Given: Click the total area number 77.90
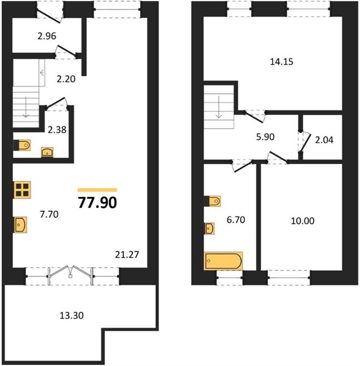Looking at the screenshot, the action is (x=98, y=203).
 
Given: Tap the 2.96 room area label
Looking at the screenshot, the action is (x=47, y=36).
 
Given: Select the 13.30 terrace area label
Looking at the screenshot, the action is (x=71, y=315).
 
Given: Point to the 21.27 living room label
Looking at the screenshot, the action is (x=127, y=254).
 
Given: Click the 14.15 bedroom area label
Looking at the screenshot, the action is (x=281, y=62).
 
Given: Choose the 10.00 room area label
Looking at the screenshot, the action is (x=303, y=221).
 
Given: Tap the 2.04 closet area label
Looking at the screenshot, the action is (x=324, y=140).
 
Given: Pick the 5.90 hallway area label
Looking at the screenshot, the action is (x=265, y=137).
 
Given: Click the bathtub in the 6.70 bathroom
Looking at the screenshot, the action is (x=223, y=260).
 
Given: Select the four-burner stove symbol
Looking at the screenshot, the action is (x=23, y=190).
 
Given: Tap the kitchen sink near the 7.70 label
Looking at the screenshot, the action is (x=21, y=224).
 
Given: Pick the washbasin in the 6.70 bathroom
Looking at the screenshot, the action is (x=209, y=229).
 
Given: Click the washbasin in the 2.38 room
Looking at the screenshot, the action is (x=47, y=152).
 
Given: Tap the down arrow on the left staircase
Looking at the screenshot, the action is (x=26, y=107).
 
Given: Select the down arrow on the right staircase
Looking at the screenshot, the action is (x=219, y=107).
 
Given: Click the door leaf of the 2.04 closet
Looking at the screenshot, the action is (x=305, y=143).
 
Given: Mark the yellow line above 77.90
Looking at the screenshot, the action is (x=98, y=190).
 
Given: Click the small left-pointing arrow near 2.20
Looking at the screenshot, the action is (x=42, y=73).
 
